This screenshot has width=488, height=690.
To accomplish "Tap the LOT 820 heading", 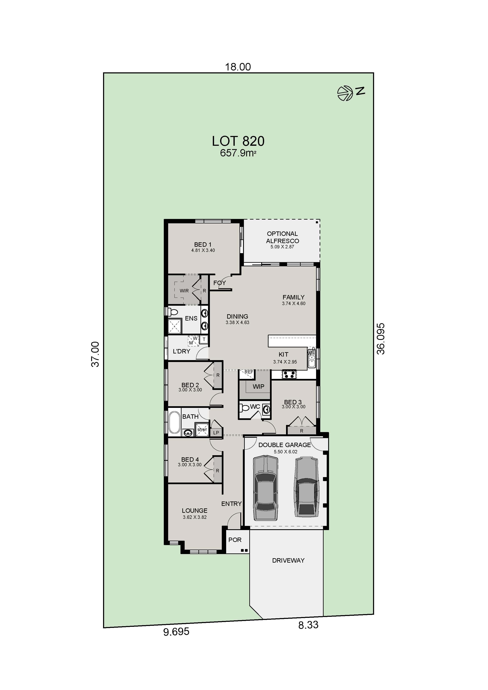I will [x=238, y=141].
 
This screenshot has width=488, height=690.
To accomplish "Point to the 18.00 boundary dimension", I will [x=238, y=67].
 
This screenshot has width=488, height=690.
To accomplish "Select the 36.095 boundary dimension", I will [x=381, y=339].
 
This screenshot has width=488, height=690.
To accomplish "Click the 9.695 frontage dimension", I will [x=176, y=632].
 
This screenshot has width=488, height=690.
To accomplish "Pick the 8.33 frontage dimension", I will [x=308, y=625].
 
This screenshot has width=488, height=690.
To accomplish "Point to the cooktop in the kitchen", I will [x=289, y=375].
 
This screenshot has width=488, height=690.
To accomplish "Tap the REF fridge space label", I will [x=249, y=372].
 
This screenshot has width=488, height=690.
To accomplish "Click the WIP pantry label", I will [x=258, y=386].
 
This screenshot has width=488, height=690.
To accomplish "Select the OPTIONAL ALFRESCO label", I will [x=282, y=237].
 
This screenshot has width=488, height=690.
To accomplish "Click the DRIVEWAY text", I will [x=288, y=561].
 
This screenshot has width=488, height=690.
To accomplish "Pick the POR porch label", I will [x=235, y=540].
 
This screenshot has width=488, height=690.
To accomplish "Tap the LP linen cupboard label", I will [x=216, y=433].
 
